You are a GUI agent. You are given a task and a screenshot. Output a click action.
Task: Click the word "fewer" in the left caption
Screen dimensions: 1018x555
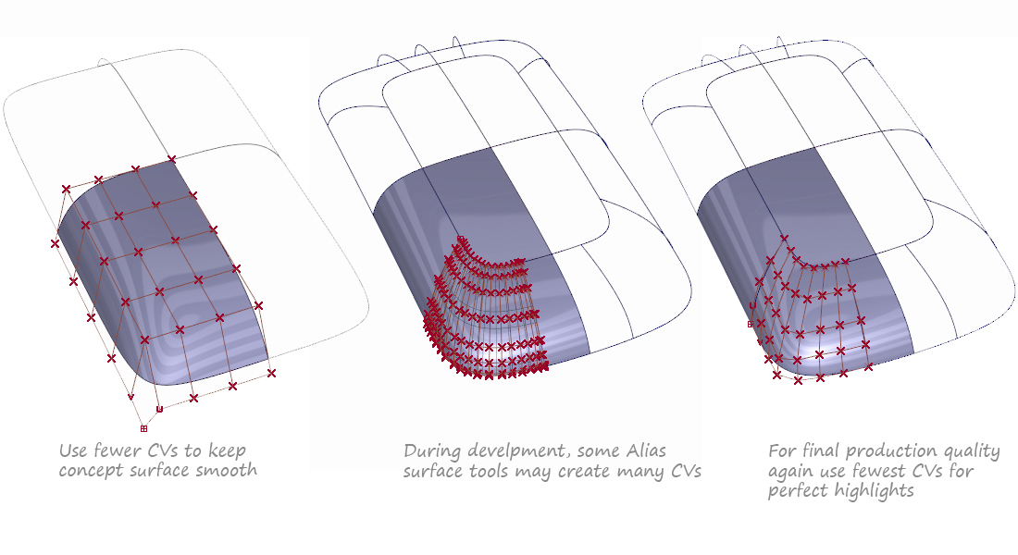(118, 450)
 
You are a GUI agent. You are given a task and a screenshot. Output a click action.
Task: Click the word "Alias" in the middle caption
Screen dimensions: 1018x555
(646, 450)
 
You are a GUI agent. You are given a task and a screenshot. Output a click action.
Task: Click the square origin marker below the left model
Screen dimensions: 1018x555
(143, 428)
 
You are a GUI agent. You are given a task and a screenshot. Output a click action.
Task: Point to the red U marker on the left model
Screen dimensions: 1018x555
(160, 409)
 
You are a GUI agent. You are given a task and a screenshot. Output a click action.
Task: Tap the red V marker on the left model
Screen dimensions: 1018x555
(130, 397)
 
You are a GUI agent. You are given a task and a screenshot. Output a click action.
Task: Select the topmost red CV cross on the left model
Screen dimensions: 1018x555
(171, 159)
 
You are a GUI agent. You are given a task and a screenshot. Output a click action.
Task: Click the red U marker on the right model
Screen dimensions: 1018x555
(752, 306)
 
